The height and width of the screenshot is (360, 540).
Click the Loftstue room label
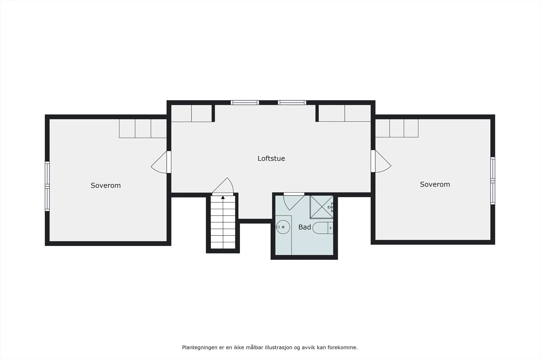271,158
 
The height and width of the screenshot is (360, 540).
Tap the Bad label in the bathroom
304,227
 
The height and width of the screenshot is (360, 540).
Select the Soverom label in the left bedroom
106,185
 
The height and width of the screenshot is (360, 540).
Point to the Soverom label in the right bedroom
435,184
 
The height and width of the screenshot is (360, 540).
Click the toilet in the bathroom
323,228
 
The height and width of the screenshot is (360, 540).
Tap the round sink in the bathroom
283,227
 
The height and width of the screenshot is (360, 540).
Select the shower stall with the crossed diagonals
322,207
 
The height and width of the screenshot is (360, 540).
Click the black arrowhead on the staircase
223,197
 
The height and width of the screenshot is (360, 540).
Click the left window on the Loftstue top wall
245,103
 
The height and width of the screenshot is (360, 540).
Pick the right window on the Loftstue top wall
292,103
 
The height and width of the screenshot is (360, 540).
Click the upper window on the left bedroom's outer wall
47,174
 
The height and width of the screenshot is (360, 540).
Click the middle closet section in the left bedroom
143,129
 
